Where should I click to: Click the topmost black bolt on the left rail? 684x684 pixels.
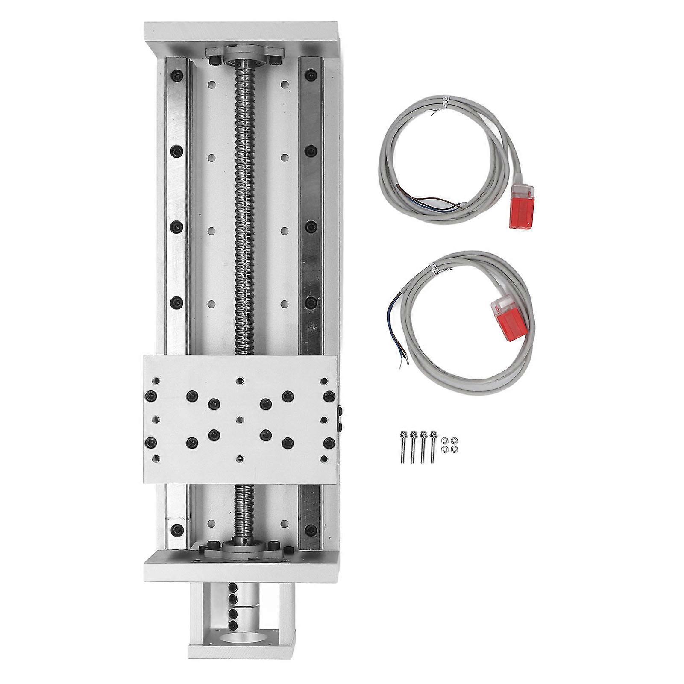177,77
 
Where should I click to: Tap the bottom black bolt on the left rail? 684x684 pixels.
176,528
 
